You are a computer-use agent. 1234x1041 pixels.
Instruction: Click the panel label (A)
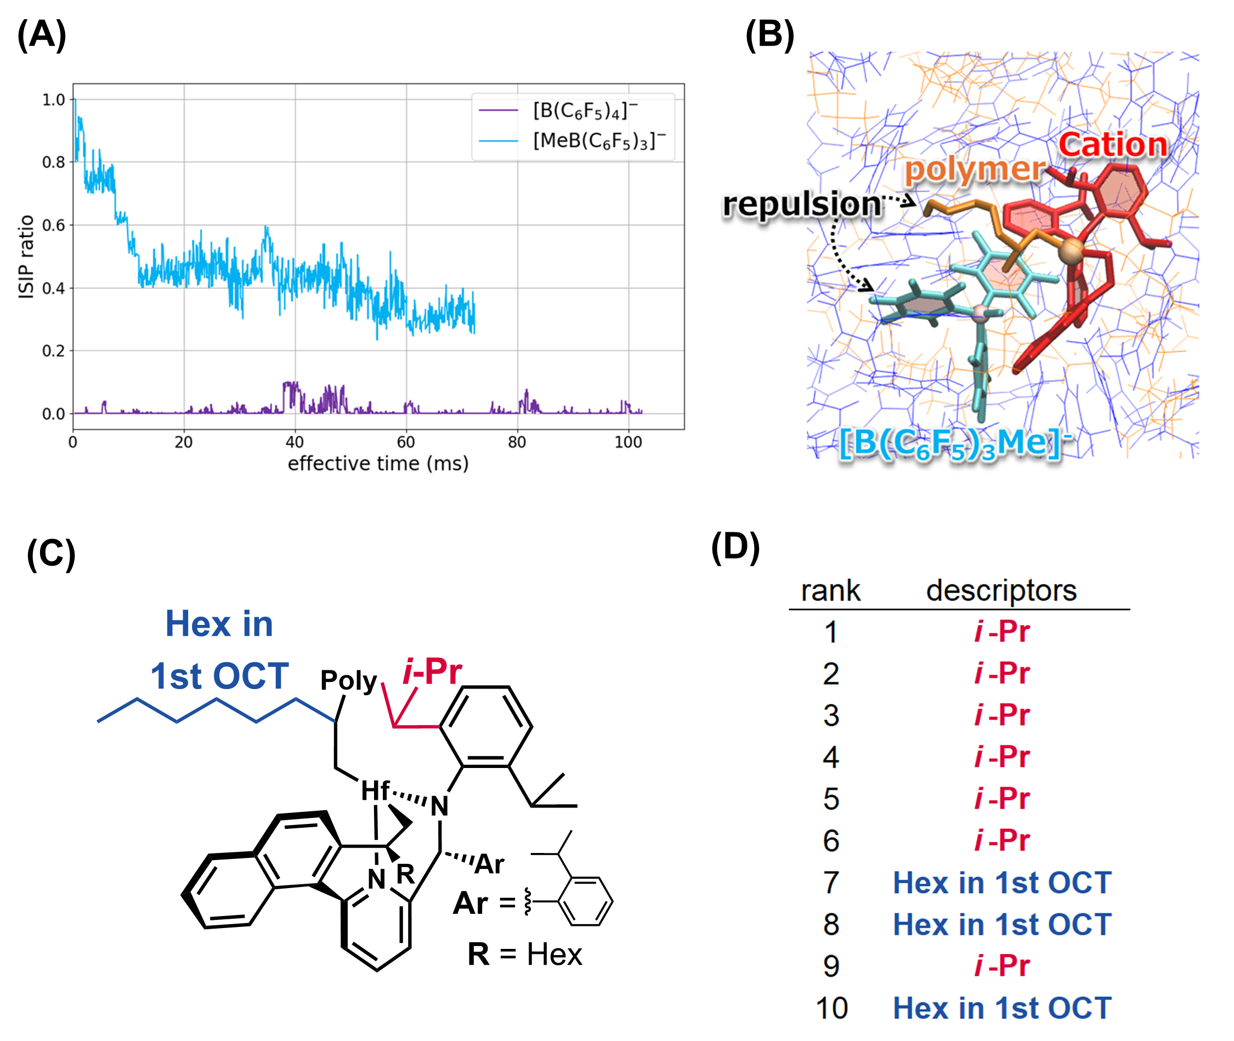[x=41, y=35]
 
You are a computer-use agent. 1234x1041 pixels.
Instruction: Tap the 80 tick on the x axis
[x=517, y=442]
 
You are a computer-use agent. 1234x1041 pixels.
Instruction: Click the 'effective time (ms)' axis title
[x=378, y=464]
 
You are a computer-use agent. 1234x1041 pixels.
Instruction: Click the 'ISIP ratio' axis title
[x=26, y=257]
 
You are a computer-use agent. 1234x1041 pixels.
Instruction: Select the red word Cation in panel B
[x=1112, y=145]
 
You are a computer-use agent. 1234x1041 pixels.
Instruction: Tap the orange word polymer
[x=974, y=169]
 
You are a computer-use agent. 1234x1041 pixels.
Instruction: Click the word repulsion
[x=802, y=204]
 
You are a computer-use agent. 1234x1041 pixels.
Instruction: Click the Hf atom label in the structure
[x=375, y=791]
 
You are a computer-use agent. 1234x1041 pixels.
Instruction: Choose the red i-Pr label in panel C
[x=432, y=672]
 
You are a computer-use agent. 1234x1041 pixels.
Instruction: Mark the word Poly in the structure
[x=348, y=680]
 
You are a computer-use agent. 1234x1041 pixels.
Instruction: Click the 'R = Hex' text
[x=524, y=954]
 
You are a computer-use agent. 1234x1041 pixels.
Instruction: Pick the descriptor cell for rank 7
[x=1002, y=883]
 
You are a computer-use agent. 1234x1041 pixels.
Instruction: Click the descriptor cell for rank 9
[x=1002, y=966]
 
